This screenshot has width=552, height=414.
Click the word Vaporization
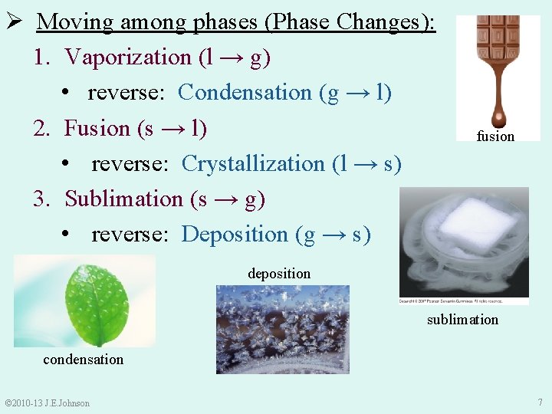tap(128, 57)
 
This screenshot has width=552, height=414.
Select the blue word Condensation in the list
tap(245, 93)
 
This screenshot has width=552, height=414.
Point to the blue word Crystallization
tap(253, 164)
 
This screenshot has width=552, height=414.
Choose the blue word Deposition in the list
tap(235, 235)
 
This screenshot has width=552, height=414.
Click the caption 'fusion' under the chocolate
tap(495, 136)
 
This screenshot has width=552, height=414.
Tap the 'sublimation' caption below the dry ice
tap(462, 320)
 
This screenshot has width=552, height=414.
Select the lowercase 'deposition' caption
tap(279, 274)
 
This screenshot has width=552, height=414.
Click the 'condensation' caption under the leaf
tap(83, 360)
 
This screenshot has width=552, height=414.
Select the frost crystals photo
tap(282, 329)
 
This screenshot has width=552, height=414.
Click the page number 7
tap(540, 402)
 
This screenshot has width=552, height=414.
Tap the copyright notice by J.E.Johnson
tap(47, 403)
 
